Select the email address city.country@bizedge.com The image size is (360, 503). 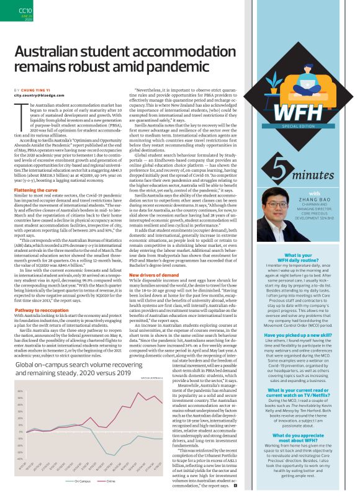(40, 96)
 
